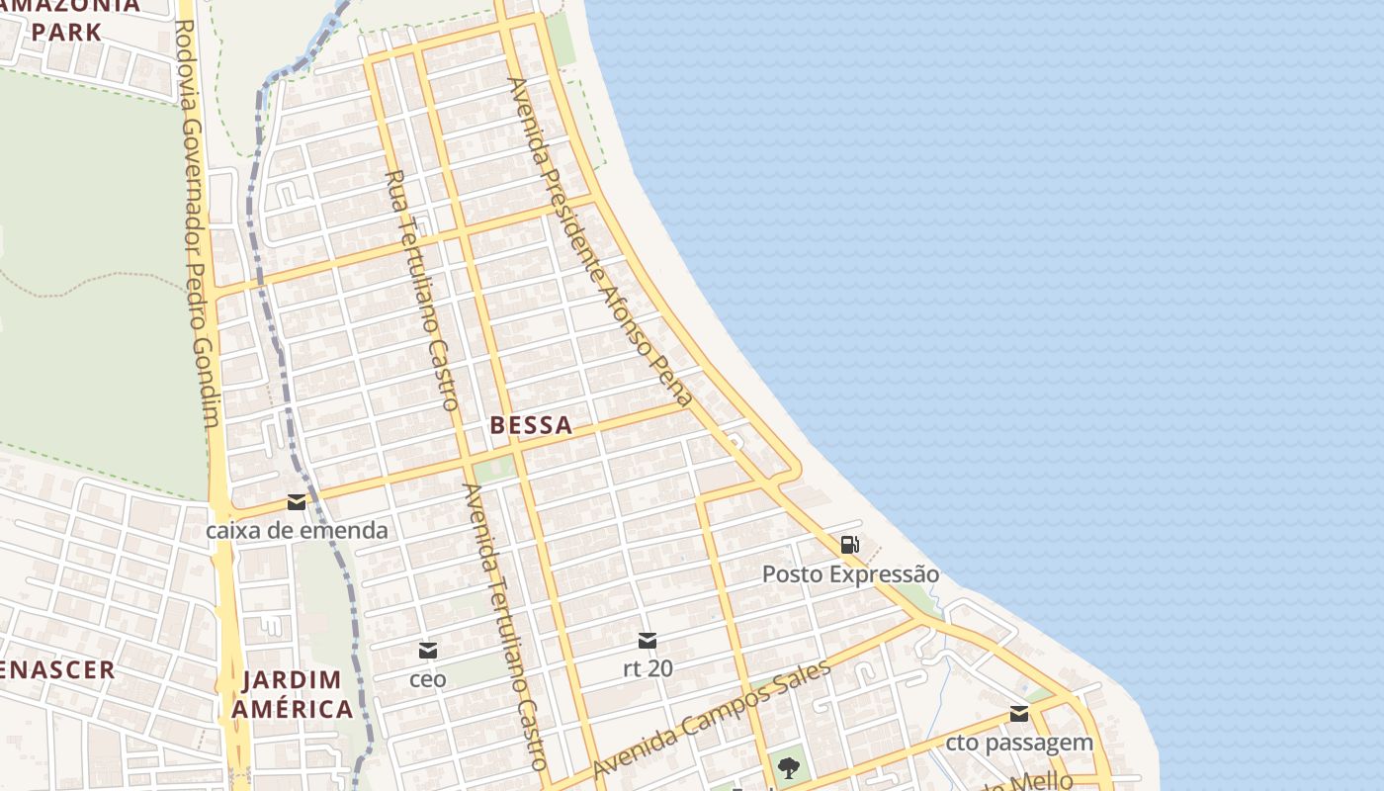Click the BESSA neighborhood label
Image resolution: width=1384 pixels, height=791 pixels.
pos(531,426)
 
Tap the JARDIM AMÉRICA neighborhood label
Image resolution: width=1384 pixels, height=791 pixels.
pos(292,694)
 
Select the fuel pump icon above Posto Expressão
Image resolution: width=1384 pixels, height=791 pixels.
pos(849,545)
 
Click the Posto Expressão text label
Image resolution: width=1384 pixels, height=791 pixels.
pos(850,574)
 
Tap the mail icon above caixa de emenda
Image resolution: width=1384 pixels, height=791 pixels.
pos(296,502)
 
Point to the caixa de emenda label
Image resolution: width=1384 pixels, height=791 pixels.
pos(297,531)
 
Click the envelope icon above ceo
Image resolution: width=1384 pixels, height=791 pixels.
pos(428,651)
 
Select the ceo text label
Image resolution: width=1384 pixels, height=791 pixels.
pos(428,679)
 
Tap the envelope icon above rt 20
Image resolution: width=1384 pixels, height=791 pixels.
pos(648,641)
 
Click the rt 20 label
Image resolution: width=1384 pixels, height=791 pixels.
pos(648,668)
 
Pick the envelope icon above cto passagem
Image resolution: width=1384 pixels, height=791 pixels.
pos(1019,715)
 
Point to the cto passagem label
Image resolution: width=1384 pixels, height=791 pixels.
pos(1019,743)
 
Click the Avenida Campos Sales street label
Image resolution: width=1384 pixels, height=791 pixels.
pos(712,719)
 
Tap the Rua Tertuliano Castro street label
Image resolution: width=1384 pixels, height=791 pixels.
pos(421,290)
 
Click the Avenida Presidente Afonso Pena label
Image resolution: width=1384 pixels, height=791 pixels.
pos(600,242)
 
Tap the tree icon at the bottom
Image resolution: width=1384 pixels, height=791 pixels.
pos(788,767)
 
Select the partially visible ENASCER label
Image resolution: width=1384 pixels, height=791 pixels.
pos(57,669)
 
